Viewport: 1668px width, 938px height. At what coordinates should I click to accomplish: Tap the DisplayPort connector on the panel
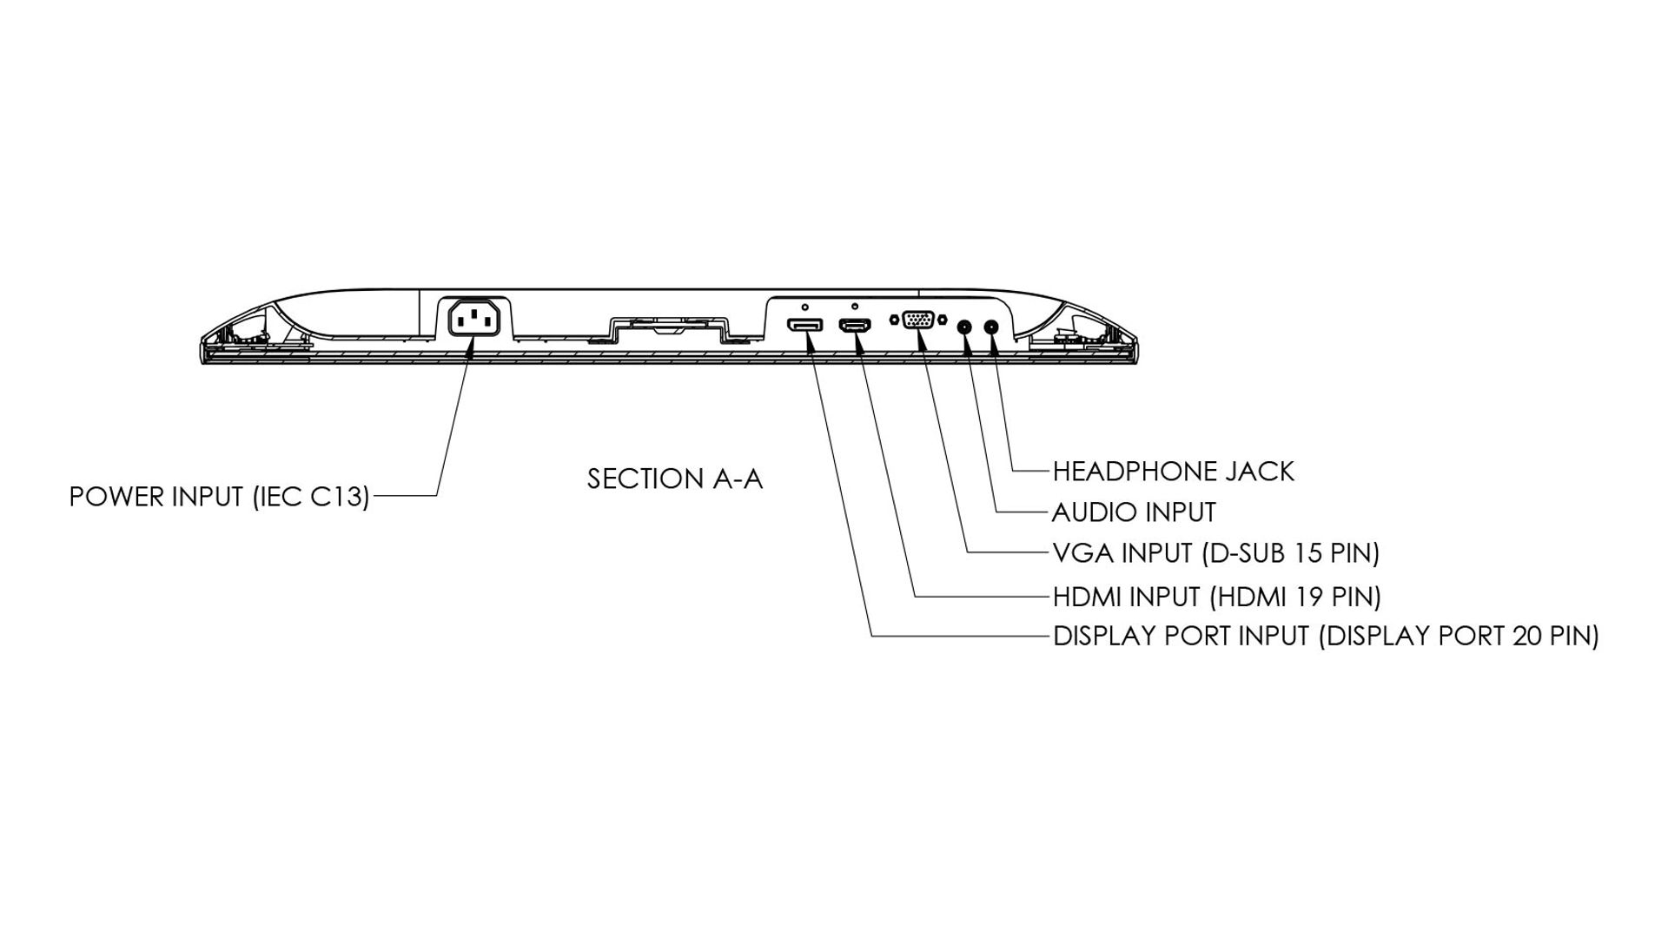click(x=805, y=326)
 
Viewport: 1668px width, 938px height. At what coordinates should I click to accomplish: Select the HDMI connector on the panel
click(x=855, y=326)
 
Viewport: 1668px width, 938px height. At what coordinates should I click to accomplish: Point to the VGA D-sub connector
click(x=918, y=320)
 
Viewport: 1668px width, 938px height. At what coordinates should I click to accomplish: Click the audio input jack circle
click(x=963, y=327)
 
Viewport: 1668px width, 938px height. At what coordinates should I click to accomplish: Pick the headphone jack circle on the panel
click(x=991, y=327)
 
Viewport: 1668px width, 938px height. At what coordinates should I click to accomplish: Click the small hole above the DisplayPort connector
click(x=805, y=307)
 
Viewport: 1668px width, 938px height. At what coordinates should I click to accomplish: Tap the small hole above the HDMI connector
click(x=855, y=307)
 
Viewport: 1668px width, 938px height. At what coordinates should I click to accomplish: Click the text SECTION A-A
click(x=674, y=479)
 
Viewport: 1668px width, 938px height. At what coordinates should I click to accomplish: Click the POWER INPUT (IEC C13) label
click(x=219, y=497)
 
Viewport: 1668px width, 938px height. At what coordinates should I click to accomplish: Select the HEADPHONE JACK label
click(x=1173, y=472)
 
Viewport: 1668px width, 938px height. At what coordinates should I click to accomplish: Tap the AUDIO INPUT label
click(x=1133, y=512)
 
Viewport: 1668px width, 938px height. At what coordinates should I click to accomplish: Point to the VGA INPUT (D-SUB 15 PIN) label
click(x=1215, y=553)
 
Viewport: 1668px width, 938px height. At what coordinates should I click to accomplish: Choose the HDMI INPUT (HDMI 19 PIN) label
click(x=1216, y=598)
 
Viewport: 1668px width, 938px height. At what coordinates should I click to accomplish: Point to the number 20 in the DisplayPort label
click(x=1527, y=637)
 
